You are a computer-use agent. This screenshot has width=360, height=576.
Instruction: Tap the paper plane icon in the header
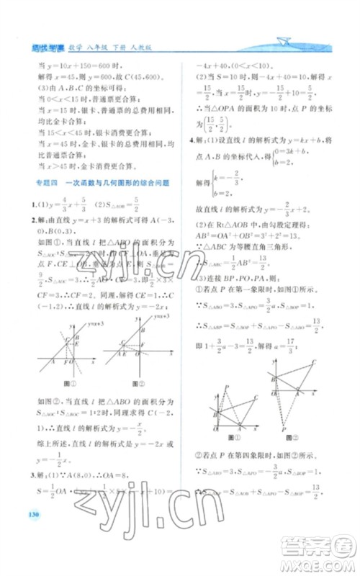click(x=287, y=42)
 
